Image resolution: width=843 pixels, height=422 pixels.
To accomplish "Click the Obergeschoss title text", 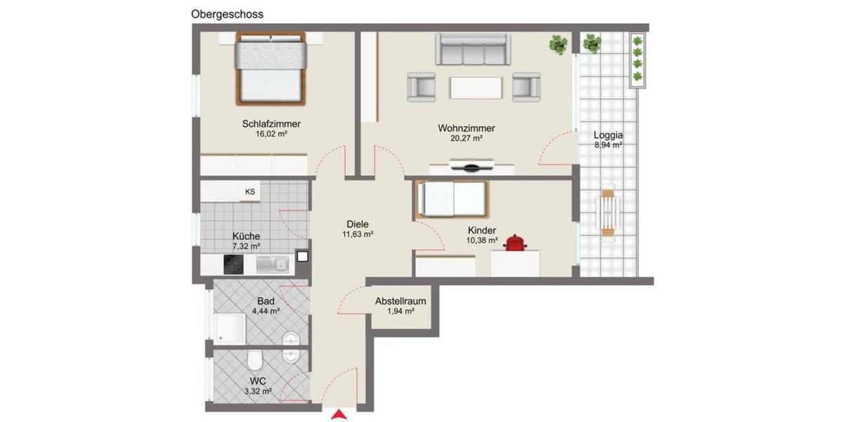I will [x=226, y=14].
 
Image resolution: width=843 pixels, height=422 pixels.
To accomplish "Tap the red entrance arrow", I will [x=339, y=415].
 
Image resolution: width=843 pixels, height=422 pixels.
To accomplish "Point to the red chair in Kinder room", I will [x=517, y=242].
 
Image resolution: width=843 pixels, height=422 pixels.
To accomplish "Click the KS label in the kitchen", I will [x=249, y=191].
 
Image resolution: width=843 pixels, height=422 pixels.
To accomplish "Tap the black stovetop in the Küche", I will [x=234, y=264].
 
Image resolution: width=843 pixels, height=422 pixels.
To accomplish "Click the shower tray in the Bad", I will [x=230, y=327].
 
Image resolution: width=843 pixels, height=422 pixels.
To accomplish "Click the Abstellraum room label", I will [x=400, y=301].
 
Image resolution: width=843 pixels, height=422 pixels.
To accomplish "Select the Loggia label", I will [x=608, y=136].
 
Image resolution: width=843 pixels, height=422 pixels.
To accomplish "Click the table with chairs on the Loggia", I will [x=608, y=211].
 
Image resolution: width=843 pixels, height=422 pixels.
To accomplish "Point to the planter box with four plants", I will [x=637, y=60].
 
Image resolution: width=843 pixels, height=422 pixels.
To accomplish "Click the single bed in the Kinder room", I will [x=452, y=199].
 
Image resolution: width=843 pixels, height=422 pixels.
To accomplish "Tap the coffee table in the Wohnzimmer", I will [x=477, y=87].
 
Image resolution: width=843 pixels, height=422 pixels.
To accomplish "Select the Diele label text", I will [x=357, y=224].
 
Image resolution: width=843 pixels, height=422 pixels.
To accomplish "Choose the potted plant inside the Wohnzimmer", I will [x=558, y=45].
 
